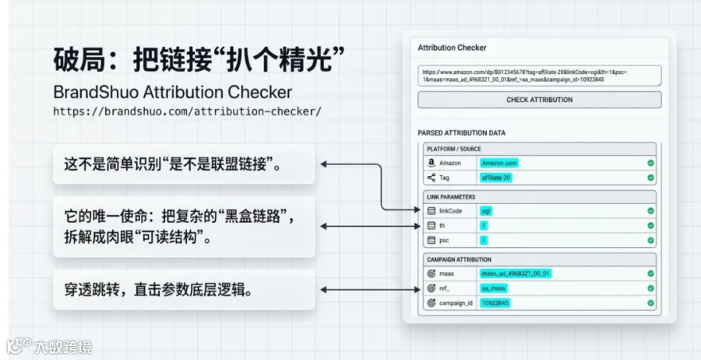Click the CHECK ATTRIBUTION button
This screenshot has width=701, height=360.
click(x=539, y=100)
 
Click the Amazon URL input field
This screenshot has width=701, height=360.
click(x=539, y=76)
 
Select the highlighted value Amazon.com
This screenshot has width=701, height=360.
click(x=499, y=163)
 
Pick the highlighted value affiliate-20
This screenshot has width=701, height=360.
click(x=496, y=178)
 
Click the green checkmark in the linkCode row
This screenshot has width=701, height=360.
click(x=650, y=211)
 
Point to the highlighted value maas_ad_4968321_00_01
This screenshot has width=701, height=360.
click(x=516, y=274)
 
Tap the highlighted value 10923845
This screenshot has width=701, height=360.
click(x=495, y=302)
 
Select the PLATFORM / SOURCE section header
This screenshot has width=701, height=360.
click(x=453, y=149)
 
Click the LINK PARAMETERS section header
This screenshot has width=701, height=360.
click(x=451, y=196)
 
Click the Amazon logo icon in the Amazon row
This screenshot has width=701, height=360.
click(x=430, y=164)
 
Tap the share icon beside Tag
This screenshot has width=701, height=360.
click(x=430, y=178)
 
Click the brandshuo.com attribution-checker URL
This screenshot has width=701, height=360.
click(x=187, y=111)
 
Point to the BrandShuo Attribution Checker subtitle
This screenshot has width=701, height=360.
click(x=172, y=92)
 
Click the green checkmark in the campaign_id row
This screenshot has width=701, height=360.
click(x=650, y=302)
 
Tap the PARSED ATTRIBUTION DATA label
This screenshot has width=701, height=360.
click(x=461, y=133)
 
